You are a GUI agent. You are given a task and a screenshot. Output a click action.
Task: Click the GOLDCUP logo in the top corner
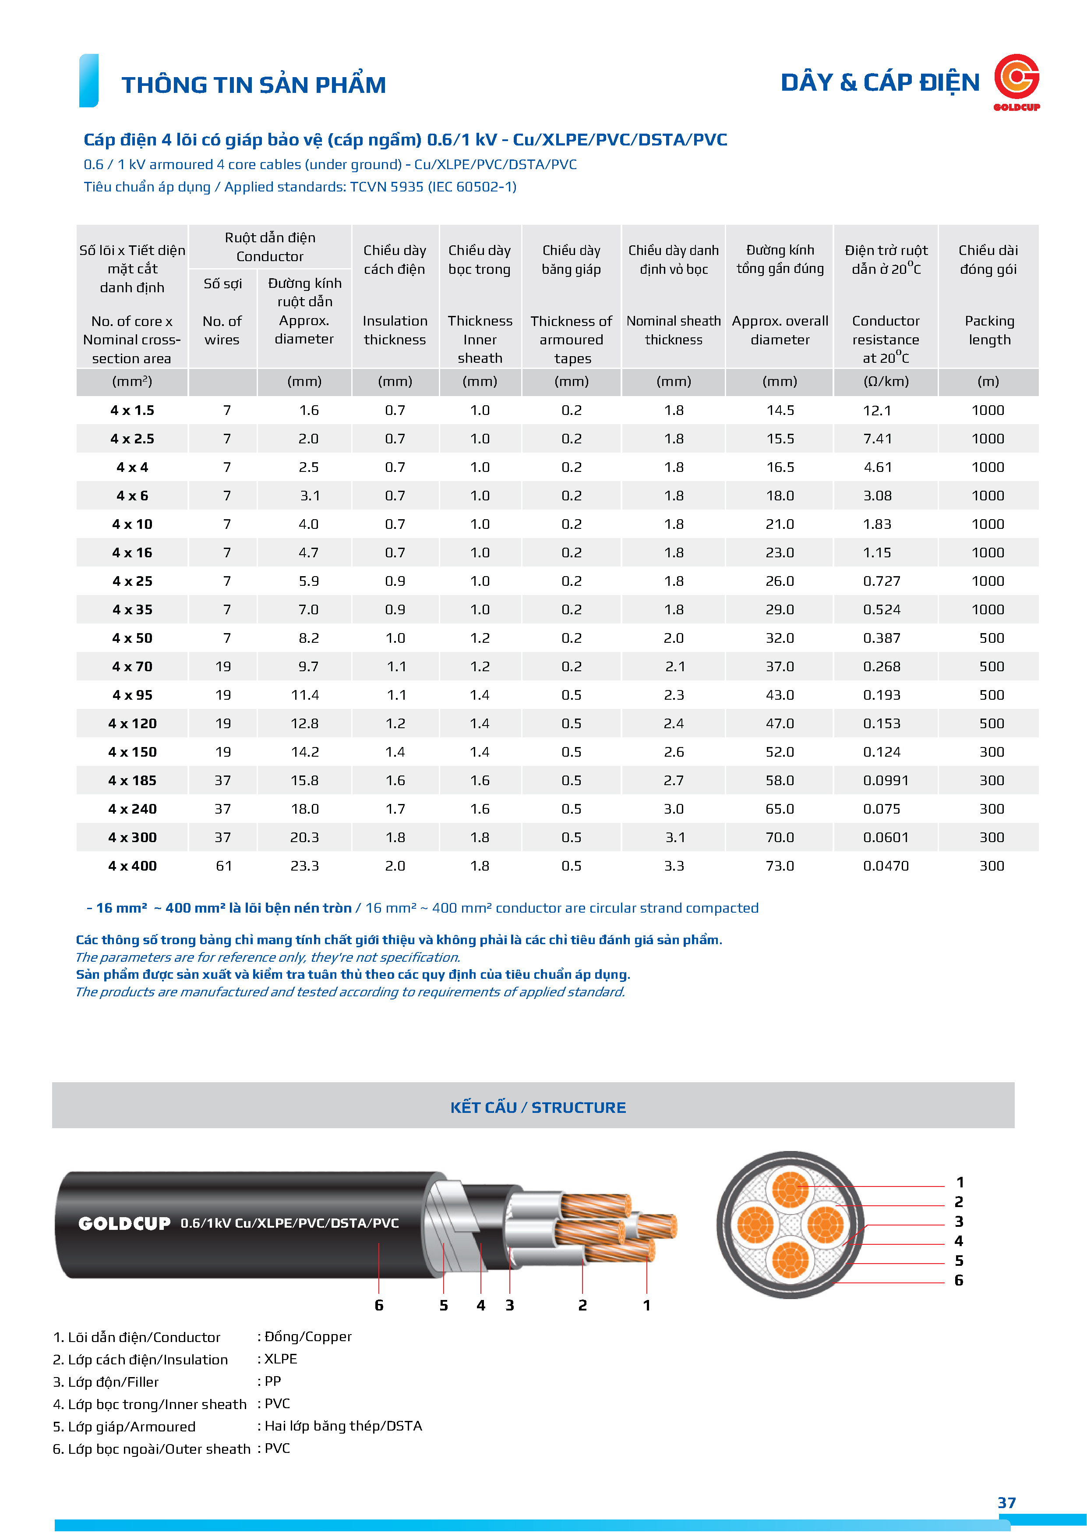(x=1016, y=81)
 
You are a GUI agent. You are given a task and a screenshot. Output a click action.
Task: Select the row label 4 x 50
(x=133, y=638)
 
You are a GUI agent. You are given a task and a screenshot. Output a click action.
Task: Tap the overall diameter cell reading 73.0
(x=780, y=866)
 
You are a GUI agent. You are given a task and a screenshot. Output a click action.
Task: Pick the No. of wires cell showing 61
(x=223, y=866)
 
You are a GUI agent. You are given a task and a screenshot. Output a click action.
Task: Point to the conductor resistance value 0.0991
(x=886, y=781)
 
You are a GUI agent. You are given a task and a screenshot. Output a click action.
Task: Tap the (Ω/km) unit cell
(x=886, y=382)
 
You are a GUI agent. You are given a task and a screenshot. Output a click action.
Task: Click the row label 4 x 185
(x=133, y=781)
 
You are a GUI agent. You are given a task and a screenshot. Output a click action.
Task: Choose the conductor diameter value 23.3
(x=304, y=866)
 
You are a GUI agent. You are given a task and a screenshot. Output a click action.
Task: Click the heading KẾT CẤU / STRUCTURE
(x=538, y=1107)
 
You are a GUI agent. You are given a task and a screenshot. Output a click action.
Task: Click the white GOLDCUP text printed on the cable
(x=124, y=1224)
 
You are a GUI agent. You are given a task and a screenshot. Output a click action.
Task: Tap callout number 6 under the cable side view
(x=379, y=1305)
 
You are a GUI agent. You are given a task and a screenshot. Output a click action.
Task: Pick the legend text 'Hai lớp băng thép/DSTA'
(x=343, y=1426)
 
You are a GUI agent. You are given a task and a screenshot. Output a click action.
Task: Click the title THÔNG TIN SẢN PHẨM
(x=254, y=85)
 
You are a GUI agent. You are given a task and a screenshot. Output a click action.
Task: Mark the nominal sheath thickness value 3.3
(x=673, y=866)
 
